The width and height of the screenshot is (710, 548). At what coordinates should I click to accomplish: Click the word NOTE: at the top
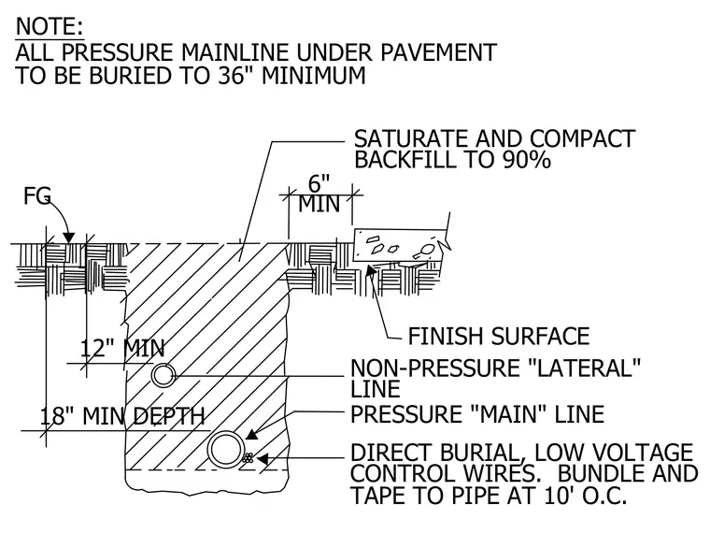[x=50, y=26]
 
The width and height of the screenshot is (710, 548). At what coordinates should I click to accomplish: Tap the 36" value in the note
[x=235, y=75]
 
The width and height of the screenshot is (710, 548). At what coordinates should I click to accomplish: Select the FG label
[x=37, y=196]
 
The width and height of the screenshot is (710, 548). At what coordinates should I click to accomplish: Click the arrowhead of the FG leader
[x=68, y=237]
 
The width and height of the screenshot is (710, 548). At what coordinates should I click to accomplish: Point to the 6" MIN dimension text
[x=319, y=194]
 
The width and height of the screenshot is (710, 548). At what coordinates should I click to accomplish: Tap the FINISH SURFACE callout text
[x=499, y=337]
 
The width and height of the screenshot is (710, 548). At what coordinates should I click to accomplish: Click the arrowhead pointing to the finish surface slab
[x=370, y=269]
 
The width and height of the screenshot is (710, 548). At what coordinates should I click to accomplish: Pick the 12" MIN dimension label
[x=122, y=349]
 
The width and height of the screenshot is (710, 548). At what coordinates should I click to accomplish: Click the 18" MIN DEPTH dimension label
[x=122, y=416]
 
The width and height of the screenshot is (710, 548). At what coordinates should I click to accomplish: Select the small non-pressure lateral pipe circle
[x=163, y=375]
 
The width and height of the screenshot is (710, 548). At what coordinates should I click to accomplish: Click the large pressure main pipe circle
[x=225, y=450]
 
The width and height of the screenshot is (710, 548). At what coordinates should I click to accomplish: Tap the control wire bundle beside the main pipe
[x=248, y=457]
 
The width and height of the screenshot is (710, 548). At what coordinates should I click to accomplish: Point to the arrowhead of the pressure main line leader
[x=251, y=434]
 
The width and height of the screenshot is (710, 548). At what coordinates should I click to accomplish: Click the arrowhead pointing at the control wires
[x=263, y=458]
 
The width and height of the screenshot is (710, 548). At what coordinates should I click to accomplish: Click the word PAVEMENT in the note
[x=438, y=52]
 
